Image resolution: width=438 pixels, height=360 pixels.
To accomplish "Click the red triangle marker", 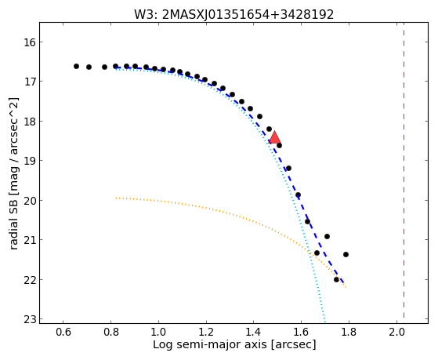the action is tap(274, 137).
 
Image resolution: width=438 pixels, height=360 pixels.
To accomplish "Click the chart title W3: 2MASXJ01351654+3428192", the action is tap(233, 15).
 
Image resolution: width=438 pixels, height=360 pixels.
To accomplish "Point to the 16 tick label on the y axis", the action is tap(29, 42).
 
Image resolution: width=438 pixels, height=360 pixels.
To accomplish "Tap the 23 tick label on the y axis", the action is tap(29, 319).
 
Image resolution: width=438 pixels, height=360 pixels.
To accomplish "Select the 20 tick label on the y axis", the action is tap(29, 201).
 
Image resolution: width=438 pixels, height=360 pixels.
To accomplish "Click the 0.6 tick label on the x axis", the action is tap(63, 332).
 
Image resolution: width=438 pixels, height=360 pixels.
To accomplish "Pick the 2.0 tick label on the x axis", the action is tap(396, 332).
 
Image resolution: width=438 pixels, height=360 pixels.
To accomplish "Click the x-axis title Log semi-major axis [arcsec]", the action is tap(234, 344).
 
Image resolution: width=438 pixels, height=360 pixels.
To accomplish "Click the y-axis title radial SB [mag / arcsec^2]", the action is tap(14, 173).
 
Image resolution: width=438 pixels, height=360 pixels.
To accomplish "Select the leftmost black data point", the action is tap(76, 67).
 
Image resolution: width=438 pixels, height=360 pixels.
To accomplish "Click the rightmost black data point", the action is tap(346, 254).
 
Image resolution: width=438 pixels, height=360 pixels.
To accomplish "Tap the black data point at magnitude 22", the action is tap(336, 279).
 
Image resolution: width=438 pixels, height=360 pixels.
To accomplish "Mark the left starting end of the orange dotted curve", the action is tap(116, 198).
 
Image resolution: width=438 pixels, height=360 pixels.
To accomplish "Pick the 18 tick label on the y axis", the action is tap(29, 122).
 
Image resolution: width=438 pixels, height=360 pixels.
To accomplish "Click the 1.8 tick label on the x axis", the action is tap(349, 332).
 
